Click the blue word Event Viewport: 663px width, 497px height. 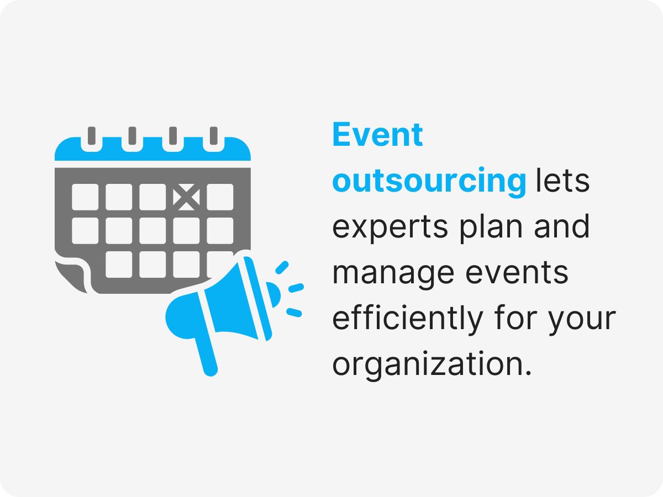click(377, 135)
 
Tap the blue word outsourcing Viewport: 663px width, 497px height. click(429, 182)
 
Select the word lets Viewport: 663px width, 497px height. click(562, 182)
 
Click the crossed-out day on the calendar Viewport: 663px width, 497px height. click(186, 197)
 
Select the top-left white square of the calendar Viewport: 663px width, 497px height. click(85, 197)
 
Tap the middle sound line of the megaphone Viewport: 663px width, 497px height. click(296, 288)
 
